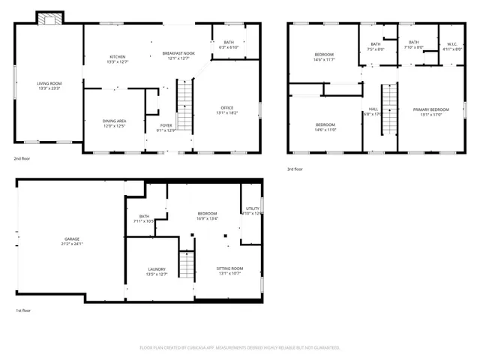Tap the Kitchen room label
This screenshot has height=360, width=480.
pyautogui.click(x=118, y=57)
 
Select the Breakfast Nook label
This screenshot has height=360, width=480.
pyautogui.click(x=178, y=54)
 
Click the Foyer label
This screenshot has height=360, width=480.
pyautogui.click(x=166, y=125)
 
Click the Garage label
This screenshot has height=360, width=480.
pyautogui.click(x=71, y=239)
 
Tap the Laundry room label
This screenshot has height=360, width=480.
pyautogui.click(x=157, y=269)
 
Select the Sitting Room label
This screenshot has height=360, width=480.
pyautogui.click(x=229, y=268)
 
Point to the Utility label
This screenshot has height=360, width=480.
pyautogui.click(x=253, y=208)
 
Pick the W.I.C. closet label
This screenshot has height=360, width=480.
pyautogui.click(x=452, y=44)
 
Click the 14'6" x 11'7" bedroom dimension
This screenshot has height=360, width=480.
pyautogui.click(x=325, y=59)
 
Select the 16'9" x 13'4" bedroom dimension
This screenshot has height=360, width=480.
pyautogui.click(x=207, y=218)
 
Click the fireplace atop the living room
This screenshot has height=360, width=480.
pyautogui.click(x=51, y=16)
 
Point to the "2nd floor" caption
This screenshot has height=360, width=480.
pyautogui.click(x=22, y=159)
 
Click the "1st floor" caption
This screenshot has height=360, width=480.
pyautogui.click(x=23, y=310)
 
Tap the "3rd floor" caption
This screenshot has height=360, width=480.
pyautogui.click(x=296, y=169)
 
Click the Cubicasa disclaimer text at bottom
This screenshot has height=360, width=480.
pyautogui.click(x=240, y=347)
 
